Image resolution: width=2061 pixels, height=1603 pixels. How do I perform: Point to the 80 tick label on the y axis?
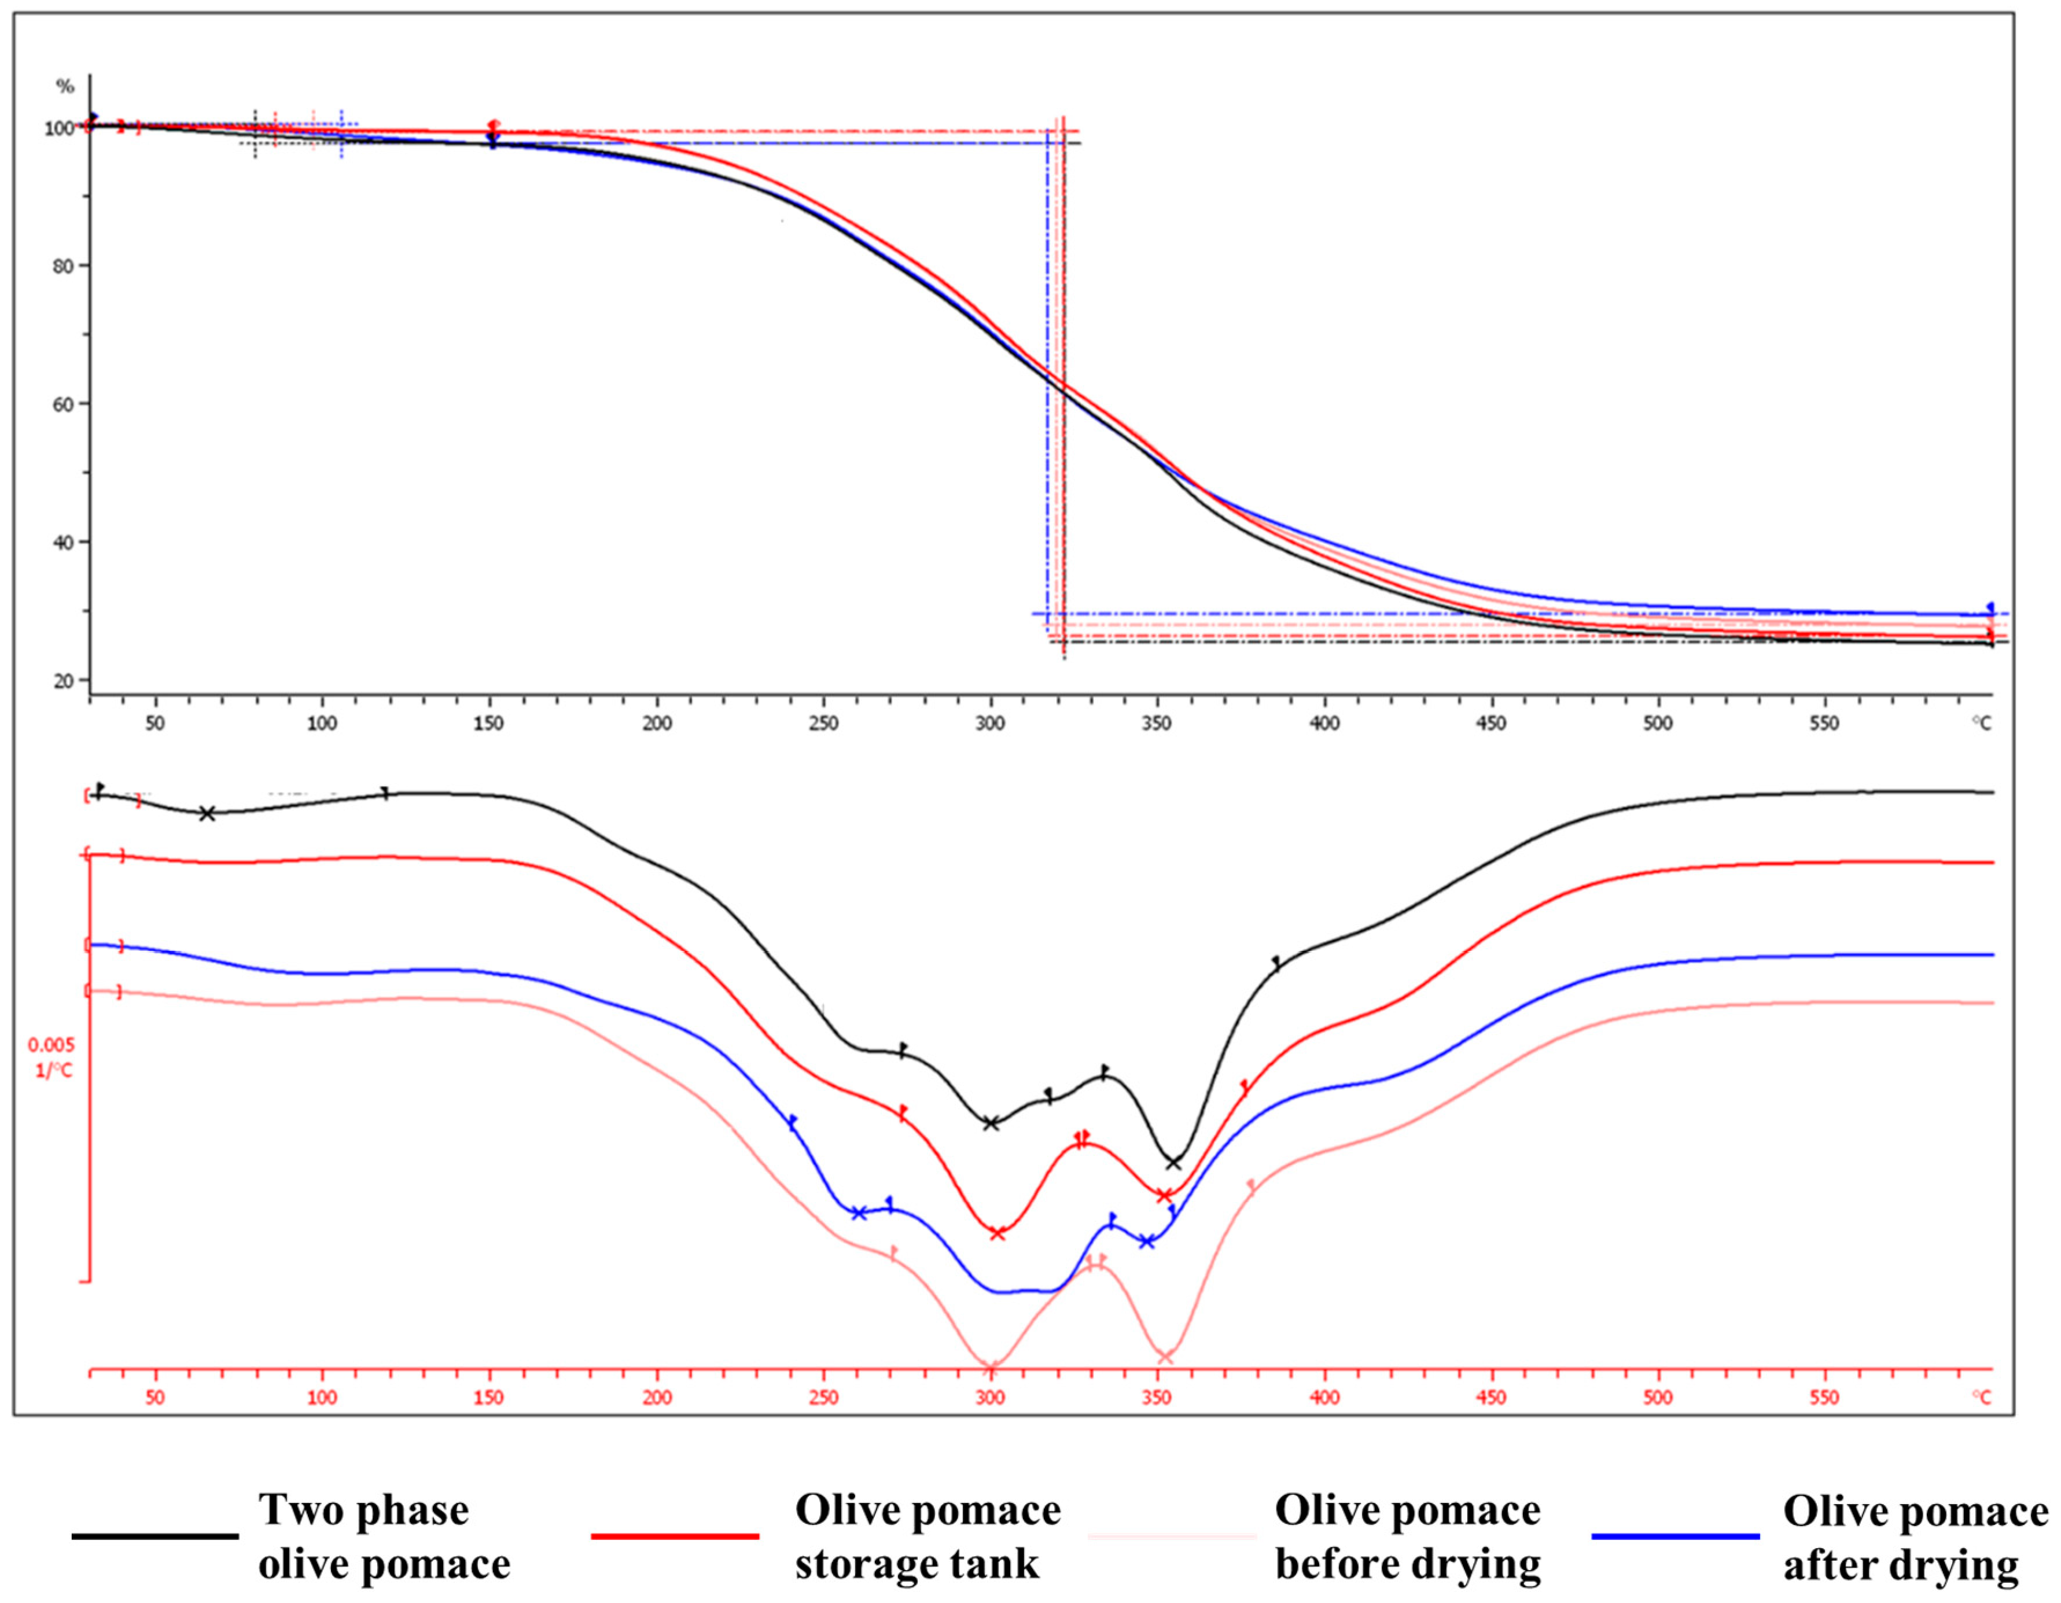pyautogui.click(x=63, y=266)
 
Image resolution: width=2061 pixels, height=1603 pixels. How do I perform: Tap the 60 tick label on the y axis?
pyautogui.click(x=63, y=404)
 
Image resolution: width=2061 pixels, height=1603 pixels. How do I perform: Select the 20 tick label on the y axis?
pyautogui.click(x=63, y=680)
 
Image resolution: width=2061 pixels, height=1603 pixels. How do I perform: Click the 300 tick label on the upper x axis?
pyautogui.click(x=990, y=724)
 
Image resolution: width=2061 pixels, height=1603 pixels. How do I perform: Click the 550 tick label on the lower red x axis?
pyautogui.click(x=1824, y=1397)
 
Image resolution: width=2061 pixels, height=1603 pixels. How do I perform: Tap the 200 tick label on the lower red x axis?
pyautogui.click(x=657, y=1397)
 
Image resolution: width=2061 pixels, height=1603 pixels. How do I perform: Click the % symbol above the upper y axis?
pyautogui.click(x=65, y=87)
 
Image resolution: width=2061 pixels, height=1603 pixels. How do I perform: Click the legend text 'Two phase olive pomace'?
pyautogui.click(x=384, y=1537)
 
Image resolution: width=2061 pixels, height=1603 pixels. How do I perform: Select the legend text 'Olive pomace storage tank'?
pyautogui.click(x=928, y=1537)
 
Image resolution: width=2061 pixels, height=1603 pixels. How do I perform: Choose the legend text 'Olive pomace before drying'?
pyautogui.click(x=1407, y=1537)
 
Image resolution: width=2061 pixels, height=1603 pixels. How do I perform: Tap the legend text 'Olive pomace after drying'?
pyautogui.click(x=1915, y=1538)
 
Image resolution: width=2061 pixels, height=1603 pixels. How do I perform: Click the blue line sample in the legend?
pyautogui.click(x=1675, y=1536)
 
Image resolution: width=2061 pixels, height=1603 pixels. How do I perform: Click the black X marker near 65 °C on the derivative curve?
pyautogui.click(x=208, y=813)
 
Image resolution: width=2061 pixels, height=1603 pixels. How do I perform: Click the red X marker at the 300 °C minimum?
pyautogui.click(x=998, y=1233)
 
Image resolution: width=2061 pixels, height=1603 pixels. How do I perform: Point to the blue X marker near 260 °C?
pyautogui.click(x=859, y=1213)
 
